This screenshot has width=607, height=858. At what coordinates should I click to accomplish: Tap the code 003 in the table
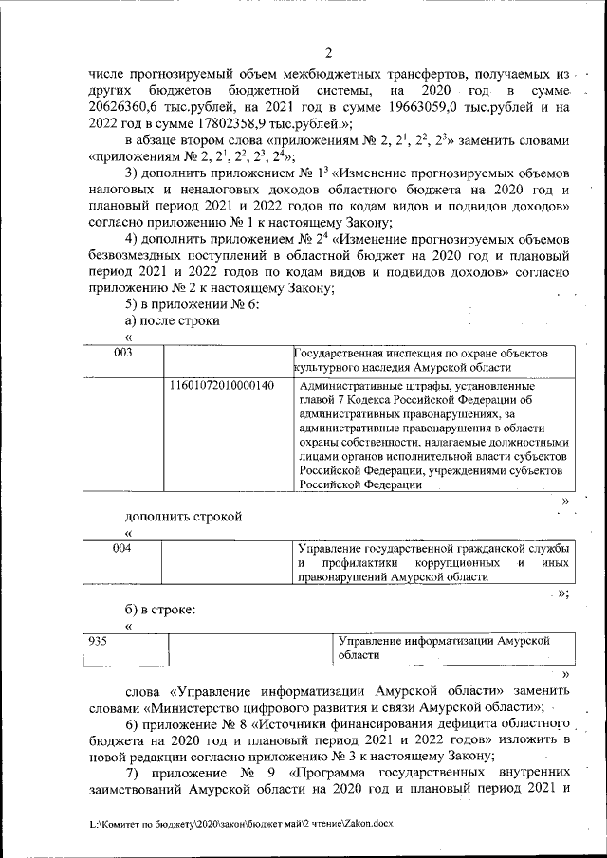[122, 353]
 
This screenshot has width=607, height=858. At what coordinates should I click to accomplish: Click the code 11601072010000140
[222, 386]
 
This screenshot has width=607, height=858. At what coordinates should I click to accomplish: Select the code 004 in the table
[122, 549]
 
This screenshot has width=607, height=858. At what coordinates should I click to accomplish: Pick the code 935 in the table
[97, 641]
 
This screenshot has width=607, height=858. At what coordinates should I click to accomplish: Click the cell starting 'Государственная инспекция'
[421, 359]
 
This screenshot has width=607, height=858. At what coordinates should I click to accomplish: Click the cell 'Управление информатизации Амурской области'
[444, 648]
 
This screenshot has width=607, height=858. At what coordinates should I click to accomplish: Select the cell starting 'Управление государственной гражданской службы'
[433, 562]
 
